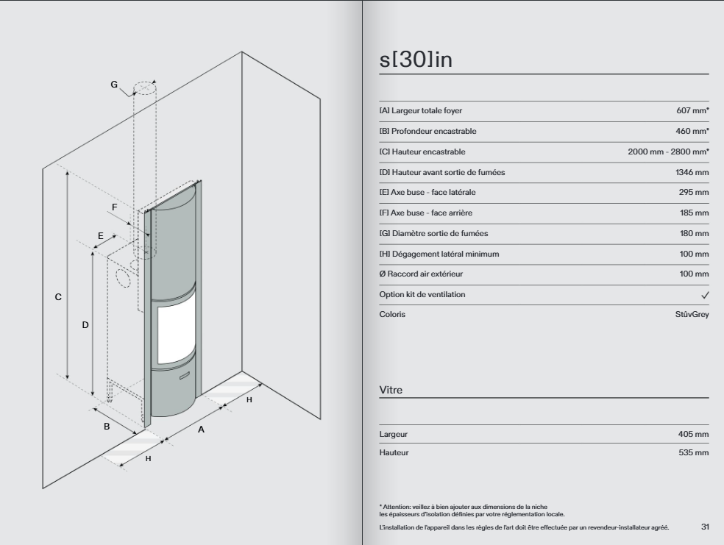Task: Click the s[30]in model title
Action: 416,60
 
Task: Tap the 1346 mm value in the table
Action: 692,172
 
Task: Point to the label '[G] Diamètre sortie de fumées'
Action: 433,233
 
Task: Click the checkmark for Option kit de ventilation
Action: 705,295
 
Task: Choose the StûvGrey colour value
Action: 692,315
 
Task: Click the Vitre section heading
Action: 391,390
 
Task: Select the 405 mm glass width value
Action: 693,434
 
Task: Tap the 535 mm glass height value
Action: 694,453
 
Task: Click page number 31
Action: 705,527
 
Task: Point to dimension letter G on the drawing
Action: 114,85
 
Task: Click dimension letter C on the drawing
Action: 58,297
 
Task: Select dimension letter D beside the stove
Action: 85,325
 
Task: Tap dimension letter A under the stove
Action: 201,430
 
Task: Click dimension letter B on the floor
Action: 107,427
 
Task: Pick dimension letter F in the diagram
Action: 115,207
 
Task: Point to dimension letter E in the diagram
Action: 101,236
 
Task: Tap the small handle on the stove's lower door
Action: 185,376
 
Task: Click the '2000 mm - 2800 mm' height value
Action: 668,152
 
